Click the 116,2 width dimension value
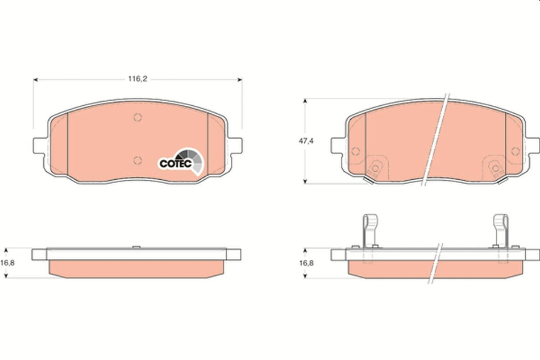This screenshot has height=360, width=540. [138, 80]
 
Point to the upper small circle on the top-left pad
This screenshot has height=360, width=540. [136, 118]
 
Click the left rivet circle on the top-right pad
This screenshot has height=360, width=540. [356, 151]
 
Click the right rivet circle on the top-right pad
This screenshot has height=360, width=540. [515, 151]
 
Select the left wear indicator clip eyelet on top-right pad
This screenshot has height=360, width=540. [375, 169]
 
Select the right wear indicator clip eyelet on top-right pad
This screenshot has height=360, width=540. [496, 169]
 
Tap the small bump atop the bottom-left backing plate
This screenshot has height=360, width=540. [136, 247]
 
